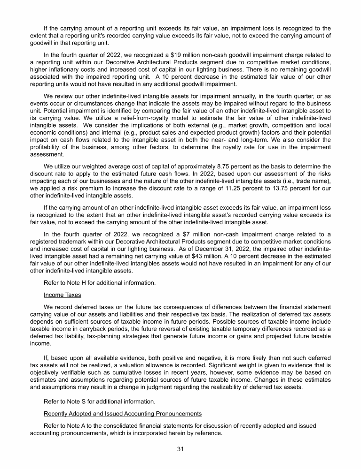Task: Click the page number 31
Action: pos(180,449)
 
